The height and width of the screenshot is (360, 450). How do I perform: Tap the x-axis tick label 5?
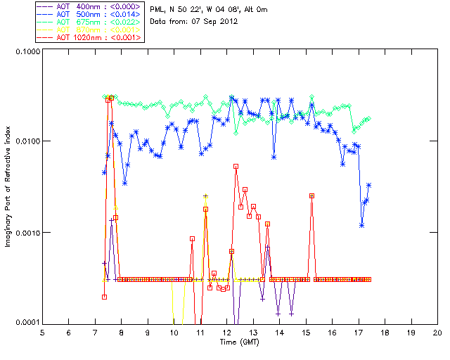(42, 332)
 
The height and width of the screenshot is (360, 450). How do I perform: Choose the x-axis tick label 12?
(226, 332)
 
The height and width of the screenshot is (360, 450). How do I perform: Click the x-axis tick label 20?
(437, 332)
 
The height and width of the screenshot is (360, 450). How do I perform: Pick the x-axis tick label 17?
(359, 332)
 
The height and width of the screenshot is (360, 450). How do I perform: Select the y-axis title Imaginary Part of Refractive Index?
(9, 188)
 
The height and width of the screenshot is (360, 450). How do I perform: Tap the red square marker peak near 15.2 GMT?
(311, 195)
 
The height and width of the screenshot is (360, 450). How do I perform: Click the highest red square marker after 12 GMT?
(236, 167)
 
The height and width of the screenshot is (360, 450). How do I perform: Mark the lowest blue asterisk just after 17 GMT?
(361, 225)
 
